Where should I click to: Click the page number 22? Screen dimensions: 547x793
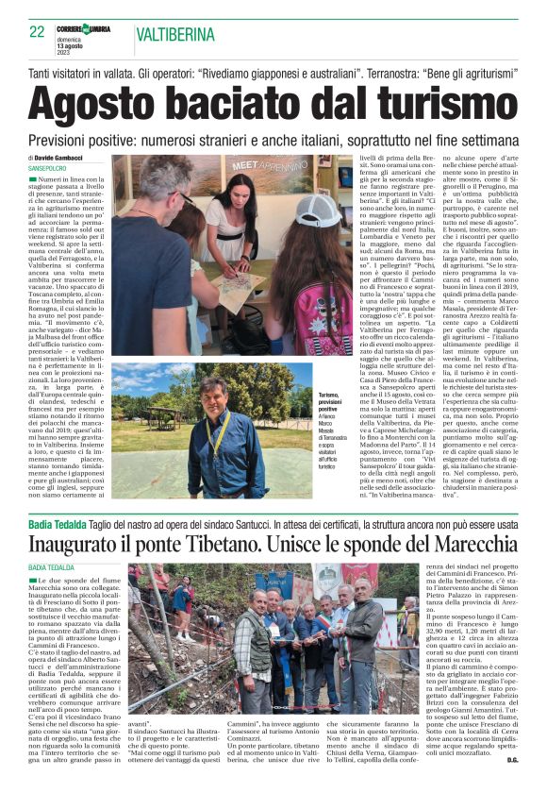pos(37,31)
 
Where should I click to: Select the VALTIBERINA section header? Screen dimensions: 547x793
pos(180,33)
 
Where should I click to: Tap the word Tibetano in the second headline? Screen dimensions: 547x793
pos(220,544)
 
